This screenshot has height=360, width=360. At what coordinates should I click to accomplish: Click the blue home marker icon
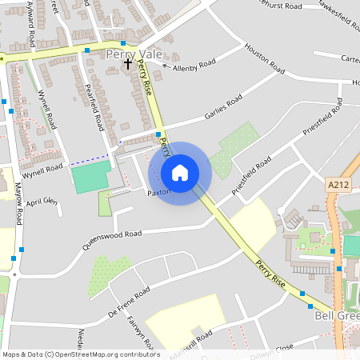click(x=180, y=173)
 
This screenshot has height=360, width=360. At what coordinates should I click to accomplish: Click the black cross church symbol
click(x=128, y=62)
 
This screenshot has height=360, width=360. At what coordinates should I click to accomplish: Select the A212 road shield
click(x=338, y=185)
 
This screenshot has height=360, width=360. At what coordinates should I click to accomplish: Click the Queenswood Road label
click(x=111, y=240)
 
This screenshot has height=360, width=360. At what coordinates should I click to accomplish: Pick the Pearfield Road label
click(x=94, y=107)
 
